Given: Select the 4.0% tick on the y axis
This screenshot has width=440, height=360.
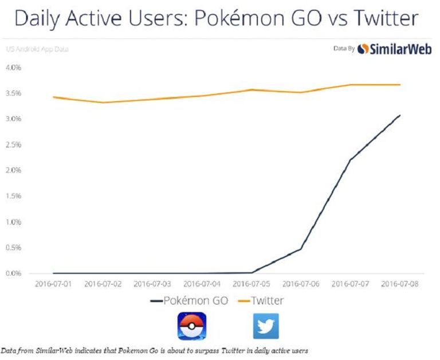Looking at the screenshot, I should click(x=13, y=68).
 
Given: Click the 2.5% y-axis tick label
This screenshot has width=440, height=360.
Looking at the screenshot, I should click(x=13, y=145).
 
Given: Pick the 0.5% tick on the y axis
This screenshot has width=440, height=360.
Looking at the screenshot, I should click(x=13, y=248).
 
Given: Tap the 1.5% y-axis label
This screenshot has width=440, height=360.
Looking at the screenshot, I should click(x=13, y=196).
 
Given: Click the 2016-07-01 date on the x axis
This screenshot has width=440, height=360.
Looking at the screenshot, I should click(x=53, y=284).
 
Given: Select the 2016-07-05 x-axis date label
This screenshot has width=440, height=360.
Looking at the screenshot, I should click(x=252, y=284).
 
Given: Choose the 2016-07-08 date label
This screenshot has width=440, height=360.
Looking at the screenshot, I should click(x=400, y=284).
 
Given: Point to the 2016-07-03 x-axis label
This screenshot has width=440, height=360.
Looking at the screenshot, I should click(x=152, y=284).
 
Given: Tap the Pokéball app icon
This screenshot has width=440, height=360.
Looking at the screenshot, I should click(x=192, y=326).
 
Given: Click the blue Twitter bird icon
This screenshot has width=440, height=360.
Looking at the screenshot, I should click(x=266, y=326).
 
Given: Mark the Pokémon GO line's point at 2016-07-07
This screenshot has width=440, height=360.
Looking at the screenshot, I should click(x=350, y=160).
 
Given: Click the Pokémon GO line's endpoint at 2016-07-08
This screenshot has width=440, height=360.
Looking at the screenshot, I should click(x=400, y=115).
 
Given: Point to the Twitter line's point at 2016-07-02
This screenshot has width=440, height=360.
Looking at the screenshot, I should click(x=103, y=102).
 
